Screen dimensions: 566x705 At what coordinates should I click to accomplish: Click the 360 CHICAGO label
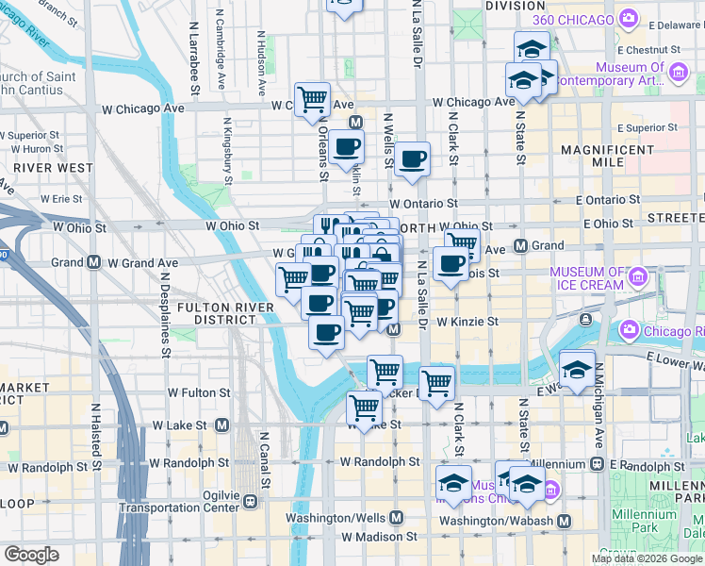click(x=583, y=21)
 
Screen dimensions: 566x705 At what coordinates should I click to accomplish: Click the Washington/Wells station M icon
click(x=396, y=518)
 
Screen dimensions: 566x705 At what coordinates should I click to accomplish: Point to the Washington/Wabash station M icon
click(x=565, y=521)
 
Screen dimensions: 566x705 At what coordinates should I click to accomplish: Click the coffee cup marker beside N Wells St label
click(x=412, y=160)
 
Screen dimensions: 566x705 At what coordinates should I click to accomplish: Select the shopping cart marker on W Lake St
click(x=364, y=408)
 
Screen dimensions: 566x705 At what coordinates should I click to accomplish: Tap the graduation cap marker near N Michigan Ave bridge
click(x=577, y=369)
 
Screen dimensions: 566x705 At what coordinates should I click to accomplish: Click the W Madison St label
click(x=380, y=537)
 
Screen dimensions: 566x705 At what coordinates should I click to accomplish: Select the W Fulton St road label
click(x=199, y=392)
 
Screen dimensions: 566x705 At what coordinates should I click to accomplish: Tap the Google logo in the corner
click(x=31, y=555)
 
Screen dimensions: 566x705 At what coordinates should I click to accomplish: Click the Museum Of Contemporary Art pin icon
click(x=677, y=71)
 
